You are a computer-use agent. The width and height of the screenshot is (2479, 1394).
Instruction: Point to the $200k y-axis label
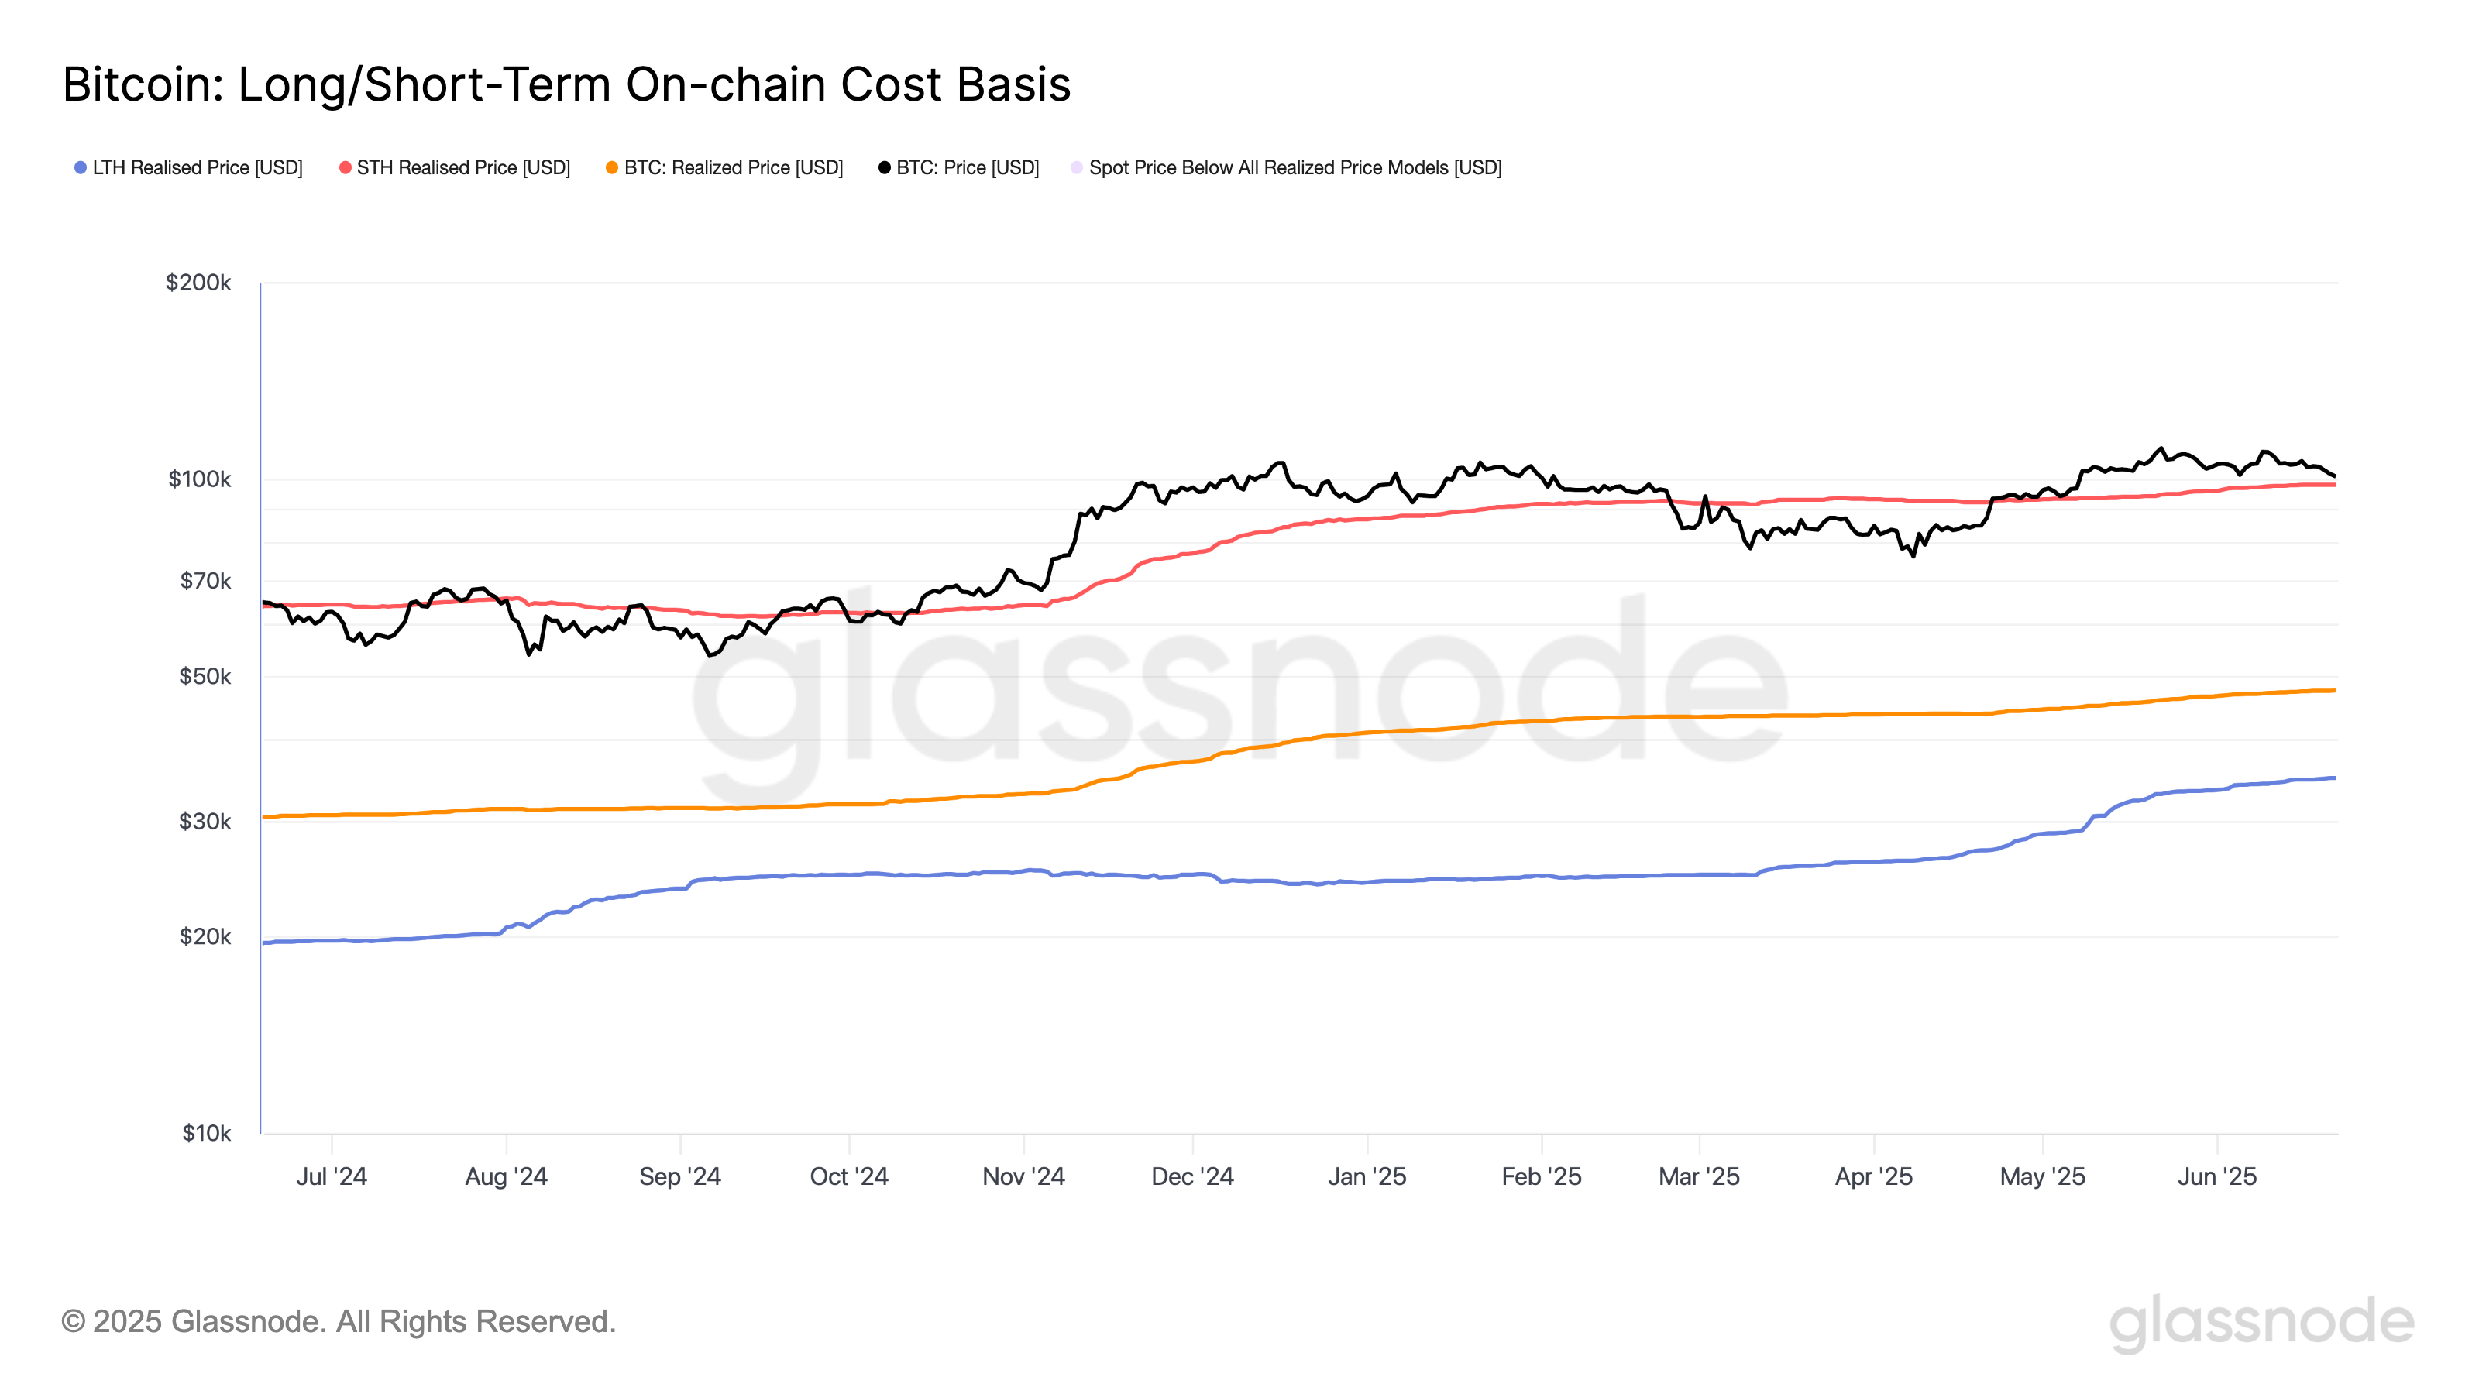point(198,282)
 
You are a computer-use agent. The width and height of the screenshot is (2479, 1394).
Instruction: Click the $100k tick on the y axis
point(199,479)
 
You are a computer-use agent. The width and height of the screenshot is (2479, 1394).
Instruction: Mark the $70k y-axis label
point(205,581)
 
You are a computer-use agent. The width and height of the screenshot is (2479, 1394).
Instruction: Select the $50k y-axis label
point(205,676)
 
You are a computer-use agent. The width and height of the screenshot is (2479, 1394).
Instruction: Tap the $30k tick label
point(205,822)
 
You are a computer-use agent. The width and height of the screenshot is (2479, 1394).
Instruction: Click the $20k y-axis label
point(205,936)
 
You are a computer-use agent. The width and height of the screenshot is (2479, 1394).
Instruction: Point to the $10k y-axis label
point(206,1133)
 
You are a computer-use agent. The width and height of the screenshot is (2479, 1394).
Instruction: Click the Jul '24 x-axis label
point(331,1176)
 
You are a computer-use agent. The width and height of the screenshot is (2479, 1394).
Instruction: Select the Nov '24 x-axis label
point(1023,1176)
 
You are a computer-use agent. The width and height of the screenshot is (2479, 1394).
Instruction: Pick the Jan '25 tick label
point(1367,1176)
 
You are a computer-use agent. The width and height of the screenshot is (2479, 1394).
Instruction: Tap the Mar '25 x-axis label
point(1699,1176)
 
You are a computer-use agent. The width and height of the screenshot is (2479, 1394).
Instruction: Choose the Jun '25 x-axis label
point(2216,1176)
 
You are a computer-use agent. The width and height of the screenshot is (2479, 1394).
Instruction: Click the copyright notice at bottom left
point(338,1322)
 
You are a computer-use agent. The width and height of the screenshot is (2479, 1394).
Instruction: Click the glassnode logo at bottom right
point(2261,1322)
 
